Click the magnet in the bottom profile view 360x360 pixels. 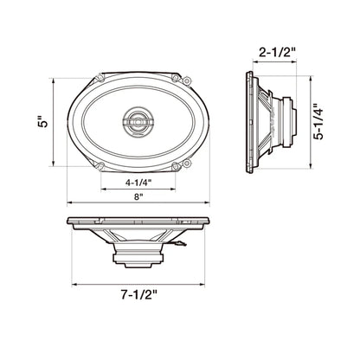(138, 255)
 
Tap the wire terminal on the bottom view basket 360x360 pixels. (177, 245)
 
